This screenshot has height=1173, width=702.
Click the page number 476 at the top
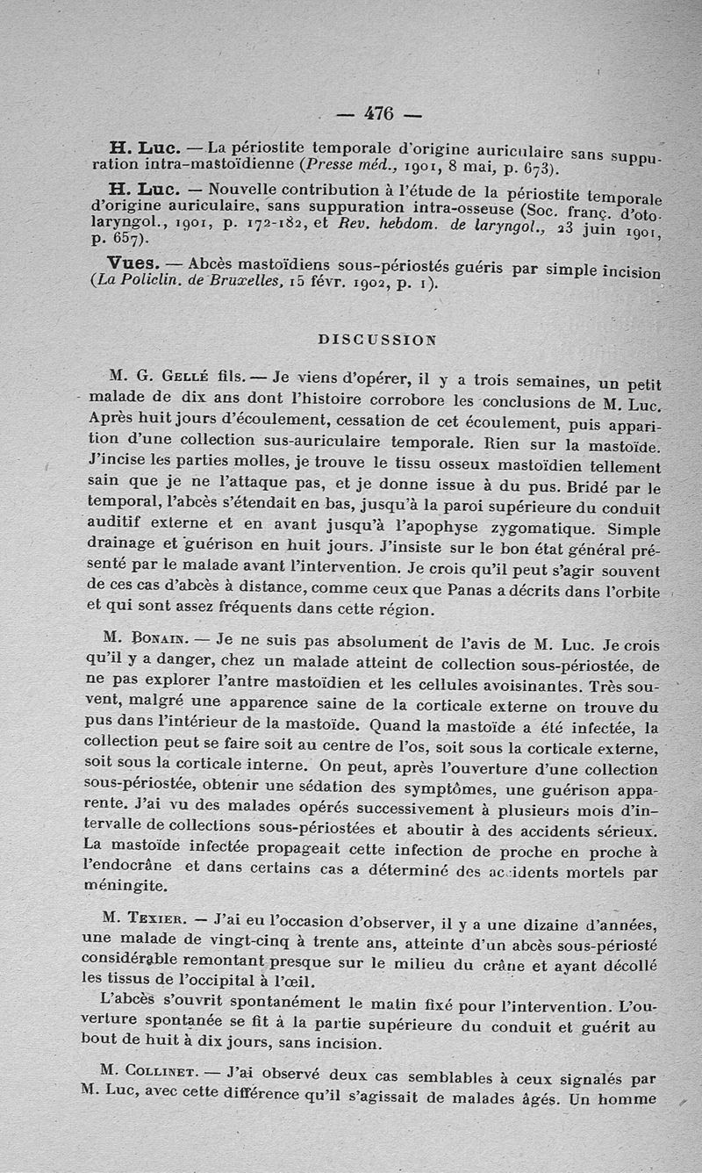[378, 113]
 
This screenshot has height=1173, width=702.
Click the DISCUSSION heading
[376, 337]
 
